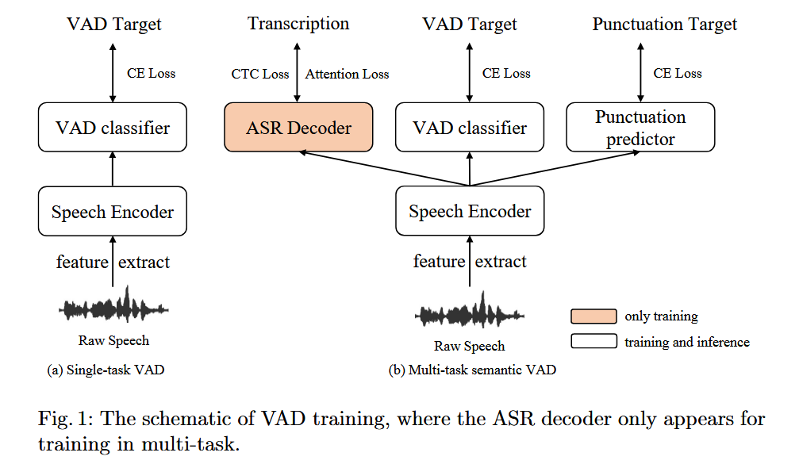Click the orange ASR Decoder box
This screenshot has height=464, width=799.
(298, 128)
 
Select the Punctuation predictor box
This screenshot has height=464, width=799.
(640, 128)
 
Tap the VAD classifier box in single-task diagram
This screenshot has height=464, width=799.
(112, 128)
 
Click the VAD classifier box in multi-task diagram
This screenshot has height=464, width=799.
(470, 128)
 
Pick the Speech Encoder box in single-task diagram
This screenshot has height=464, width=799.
(112, 211)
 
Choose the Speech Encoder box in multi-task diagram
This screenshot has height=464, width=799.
(470, 211)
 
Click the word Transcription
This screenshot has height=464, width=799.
(298, 24)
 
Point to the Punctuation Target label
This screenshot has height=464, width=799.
(664, 25)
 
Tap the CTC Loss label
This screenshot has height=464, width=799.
(260, 74)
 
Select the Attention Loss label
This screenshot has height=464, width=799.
(347, 74)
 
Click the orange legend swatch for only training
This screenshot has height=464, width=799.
(593, 316)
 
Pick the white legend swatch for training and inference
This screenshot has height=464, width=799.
(593, 342)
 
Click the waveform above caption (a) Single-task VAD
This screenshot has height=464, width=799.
(113, 307)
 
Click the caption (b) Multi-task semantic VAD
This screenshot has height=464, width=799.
(470, 370)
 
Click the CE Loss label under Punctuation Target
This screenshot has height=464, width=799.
(677, 73)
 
